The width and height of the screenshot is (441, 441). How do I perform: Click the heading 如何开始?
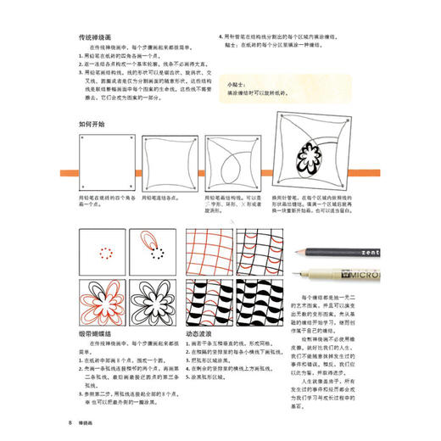pos(91,124)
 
